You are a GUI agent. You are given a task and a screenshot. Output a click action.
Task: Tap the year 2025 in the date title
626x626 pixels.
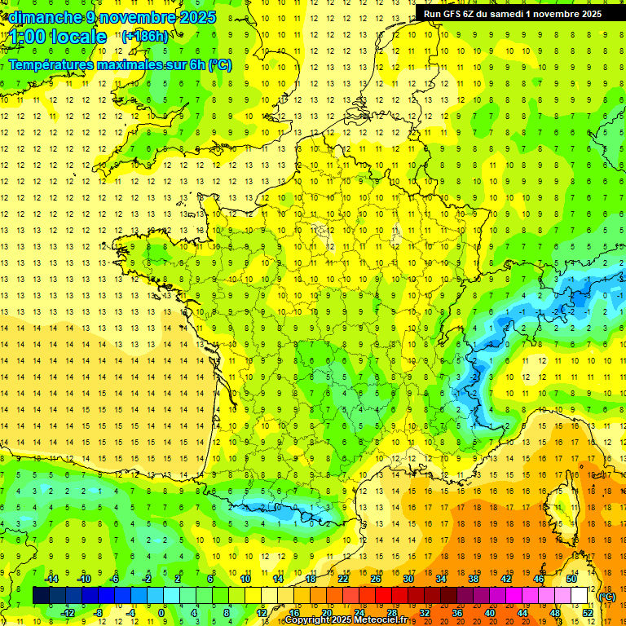pyautogui.click(x=196, y=16)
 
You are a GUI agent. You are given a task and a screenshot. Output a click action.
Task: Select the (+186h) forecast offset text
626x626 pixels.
pyautogui.click(x=145, y=36)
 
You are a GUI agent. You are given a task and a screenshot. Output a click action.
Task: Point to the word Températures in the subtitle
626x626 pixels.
pyautogui.click(x=51, y=64)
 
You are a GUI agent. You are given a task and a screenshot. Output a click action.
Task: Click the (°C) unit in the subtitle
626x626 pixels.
pyautogui.click(x=220, y=64)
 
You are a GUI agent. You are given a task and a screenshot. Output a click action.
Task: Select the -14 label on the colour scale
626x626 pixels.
pyautogui.click(x=51, y=579)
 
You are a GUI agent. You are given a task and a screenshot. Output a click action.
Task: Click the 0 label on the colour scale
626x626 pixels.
pyautogui.click(x=161, y=612)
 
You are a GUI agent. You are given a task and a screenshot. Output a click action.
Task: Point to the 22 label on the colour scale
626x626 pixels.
pyautogui.click(x=344, y=579)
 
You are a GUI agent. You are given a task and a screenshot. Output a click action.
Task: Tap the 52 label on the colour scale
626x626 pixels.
pyautogui.click(x=587, y=612)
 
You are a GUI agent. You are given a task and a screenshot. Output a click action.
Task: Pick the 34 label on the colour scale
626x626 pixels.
pyautogui.click(x=441, y=579)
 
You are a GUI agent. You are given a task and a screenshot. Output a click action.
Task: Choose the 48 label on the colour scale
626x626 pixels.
pyautogui.click(x=555, y=612)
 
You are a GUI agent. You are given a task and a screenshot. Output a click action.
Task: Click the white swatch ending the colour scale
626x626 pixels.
pyautogui.click(x=580, y=596)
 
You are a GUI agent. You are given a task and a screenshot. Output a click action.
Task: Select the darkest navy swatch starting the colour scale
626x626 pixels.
pyautogui.click(x=41, y=596)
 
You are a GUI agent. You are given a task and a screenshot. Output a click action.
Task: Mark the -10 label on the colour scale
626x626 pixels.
pyautogui.click(x=84, y=579)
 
